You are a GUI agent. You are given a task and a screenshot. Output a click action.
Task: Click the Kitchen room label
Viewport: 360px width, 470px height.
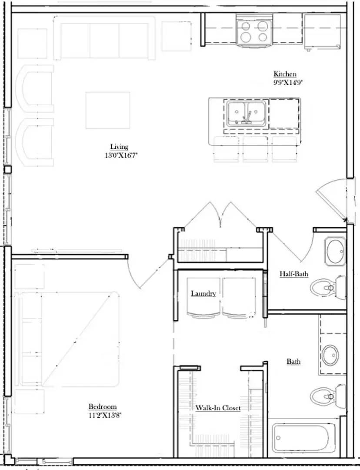[285, 74]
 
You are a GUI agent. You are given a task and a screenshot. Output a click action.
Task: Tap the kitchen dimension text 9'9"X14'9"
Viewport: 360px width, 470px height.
[285, 82]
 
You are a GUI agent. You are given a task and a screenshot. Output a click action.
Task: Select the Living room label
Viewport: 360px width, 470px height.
[119, 147]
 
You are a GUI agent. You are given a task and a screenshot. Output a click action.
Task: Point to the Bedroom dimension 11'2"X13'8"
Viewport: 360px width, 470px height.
[105, 415]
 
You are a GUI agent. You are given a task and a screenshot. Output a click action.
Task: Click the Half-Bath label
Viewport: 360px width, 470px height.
[293, 274]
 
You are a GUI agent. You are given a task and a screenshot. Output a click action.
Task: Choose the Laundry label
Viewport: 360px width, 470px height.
[203, 294]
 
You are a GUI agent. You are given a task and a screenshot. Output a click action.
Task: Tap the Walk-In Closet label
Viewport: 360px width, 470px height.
[217, 408]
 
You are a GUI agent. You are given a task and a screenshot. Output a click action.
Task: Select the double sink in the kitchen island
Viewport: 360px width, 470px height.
[245, 113]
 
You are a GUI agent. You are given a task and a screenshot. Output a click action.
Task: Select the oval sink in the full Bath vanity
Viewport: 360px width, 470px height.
[330, 356]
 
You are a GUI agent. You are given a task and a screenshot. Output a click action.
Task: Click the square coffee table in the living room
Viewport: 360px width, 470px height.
[108, 110]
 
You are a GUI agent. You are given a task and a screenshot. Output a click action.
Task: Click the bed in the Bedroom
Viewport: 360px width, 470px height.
[70, 339]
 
